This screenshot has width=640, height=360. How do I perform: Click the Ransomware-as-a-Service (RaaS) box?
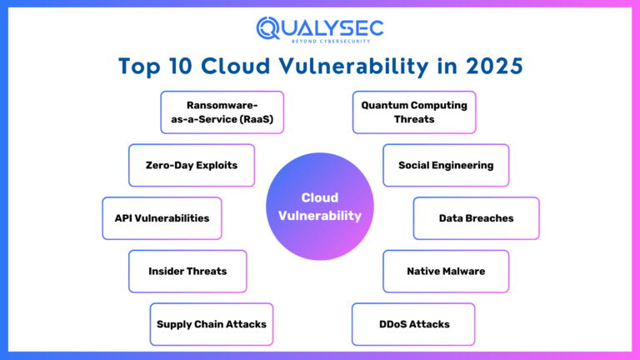(222, 112)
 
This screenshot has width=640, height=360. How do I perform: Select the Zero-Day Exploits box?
(191, 165)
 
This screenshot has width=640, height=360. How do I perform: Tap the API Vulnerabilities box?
(162, 218)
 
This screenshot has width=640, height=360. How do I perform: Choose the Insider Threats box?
(187, 271)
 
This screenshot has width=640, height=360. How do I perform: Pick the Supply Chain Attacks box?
(212, 324)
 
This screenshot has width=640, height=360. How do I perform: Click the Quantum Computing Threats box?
(414, 112)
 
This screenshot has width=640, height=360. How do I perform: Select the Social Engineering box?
(445, 165)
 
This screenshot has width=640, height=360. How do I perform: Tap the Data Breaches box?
(476, 218)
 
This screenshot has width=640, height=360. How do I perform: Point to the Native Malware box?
(445, 271)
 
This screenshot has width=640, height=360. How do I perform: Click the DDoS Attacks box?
(413, 324)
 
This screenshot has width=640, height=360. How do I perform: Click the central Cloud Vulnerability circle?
(320, 207)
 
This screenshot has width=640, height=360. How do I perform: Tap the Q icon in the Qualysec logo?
(269, 27)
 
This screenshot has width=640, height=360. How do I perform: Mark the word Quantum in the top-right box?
(387, 105)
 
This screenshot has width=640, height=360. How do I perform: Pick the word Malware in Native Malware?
(462, 271)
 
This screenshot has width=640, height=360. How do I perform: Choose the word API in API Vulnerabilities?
(125, 218)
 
